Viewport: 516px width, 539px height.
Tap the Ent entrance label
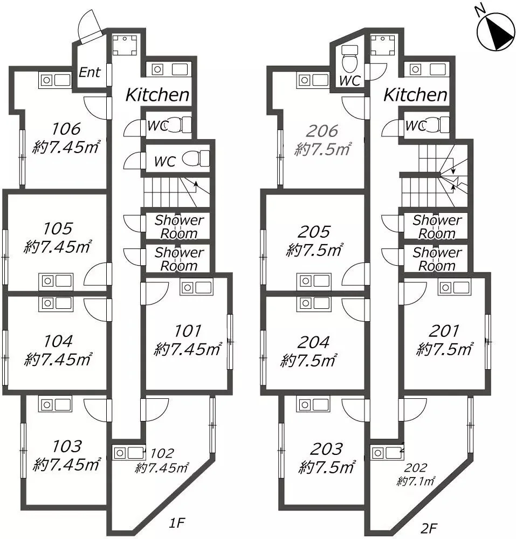point(90,72)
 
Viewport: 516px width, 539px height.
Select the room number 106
point(66,129)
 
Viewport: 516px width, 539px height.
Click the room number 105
point(58,229)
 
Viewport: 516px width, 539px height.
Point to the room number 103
point(67,446)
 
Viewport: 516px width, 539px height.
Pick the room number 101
point(187,331)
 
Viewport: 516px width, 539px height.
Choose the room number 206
point(322,131)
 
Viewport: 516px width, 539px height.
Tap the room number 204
point(313,342)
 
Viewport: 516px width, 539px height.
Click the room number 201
point(444,331)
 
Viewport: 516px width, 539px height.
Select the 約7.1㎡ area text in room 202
point(416,481)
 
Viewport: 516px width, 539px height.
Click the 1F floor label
point(177,523)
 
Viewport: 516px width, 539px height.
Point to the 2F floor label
point(429,528)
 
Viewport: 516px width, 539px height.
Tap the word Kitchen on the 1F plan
point(157,95)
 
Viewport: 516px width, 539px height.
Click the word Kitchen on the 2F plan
point(415,95)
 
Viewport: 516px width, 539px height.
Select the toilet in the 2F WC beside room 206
point(350,58)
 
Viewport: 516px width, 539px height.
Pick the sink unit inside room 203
point(313,405)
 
